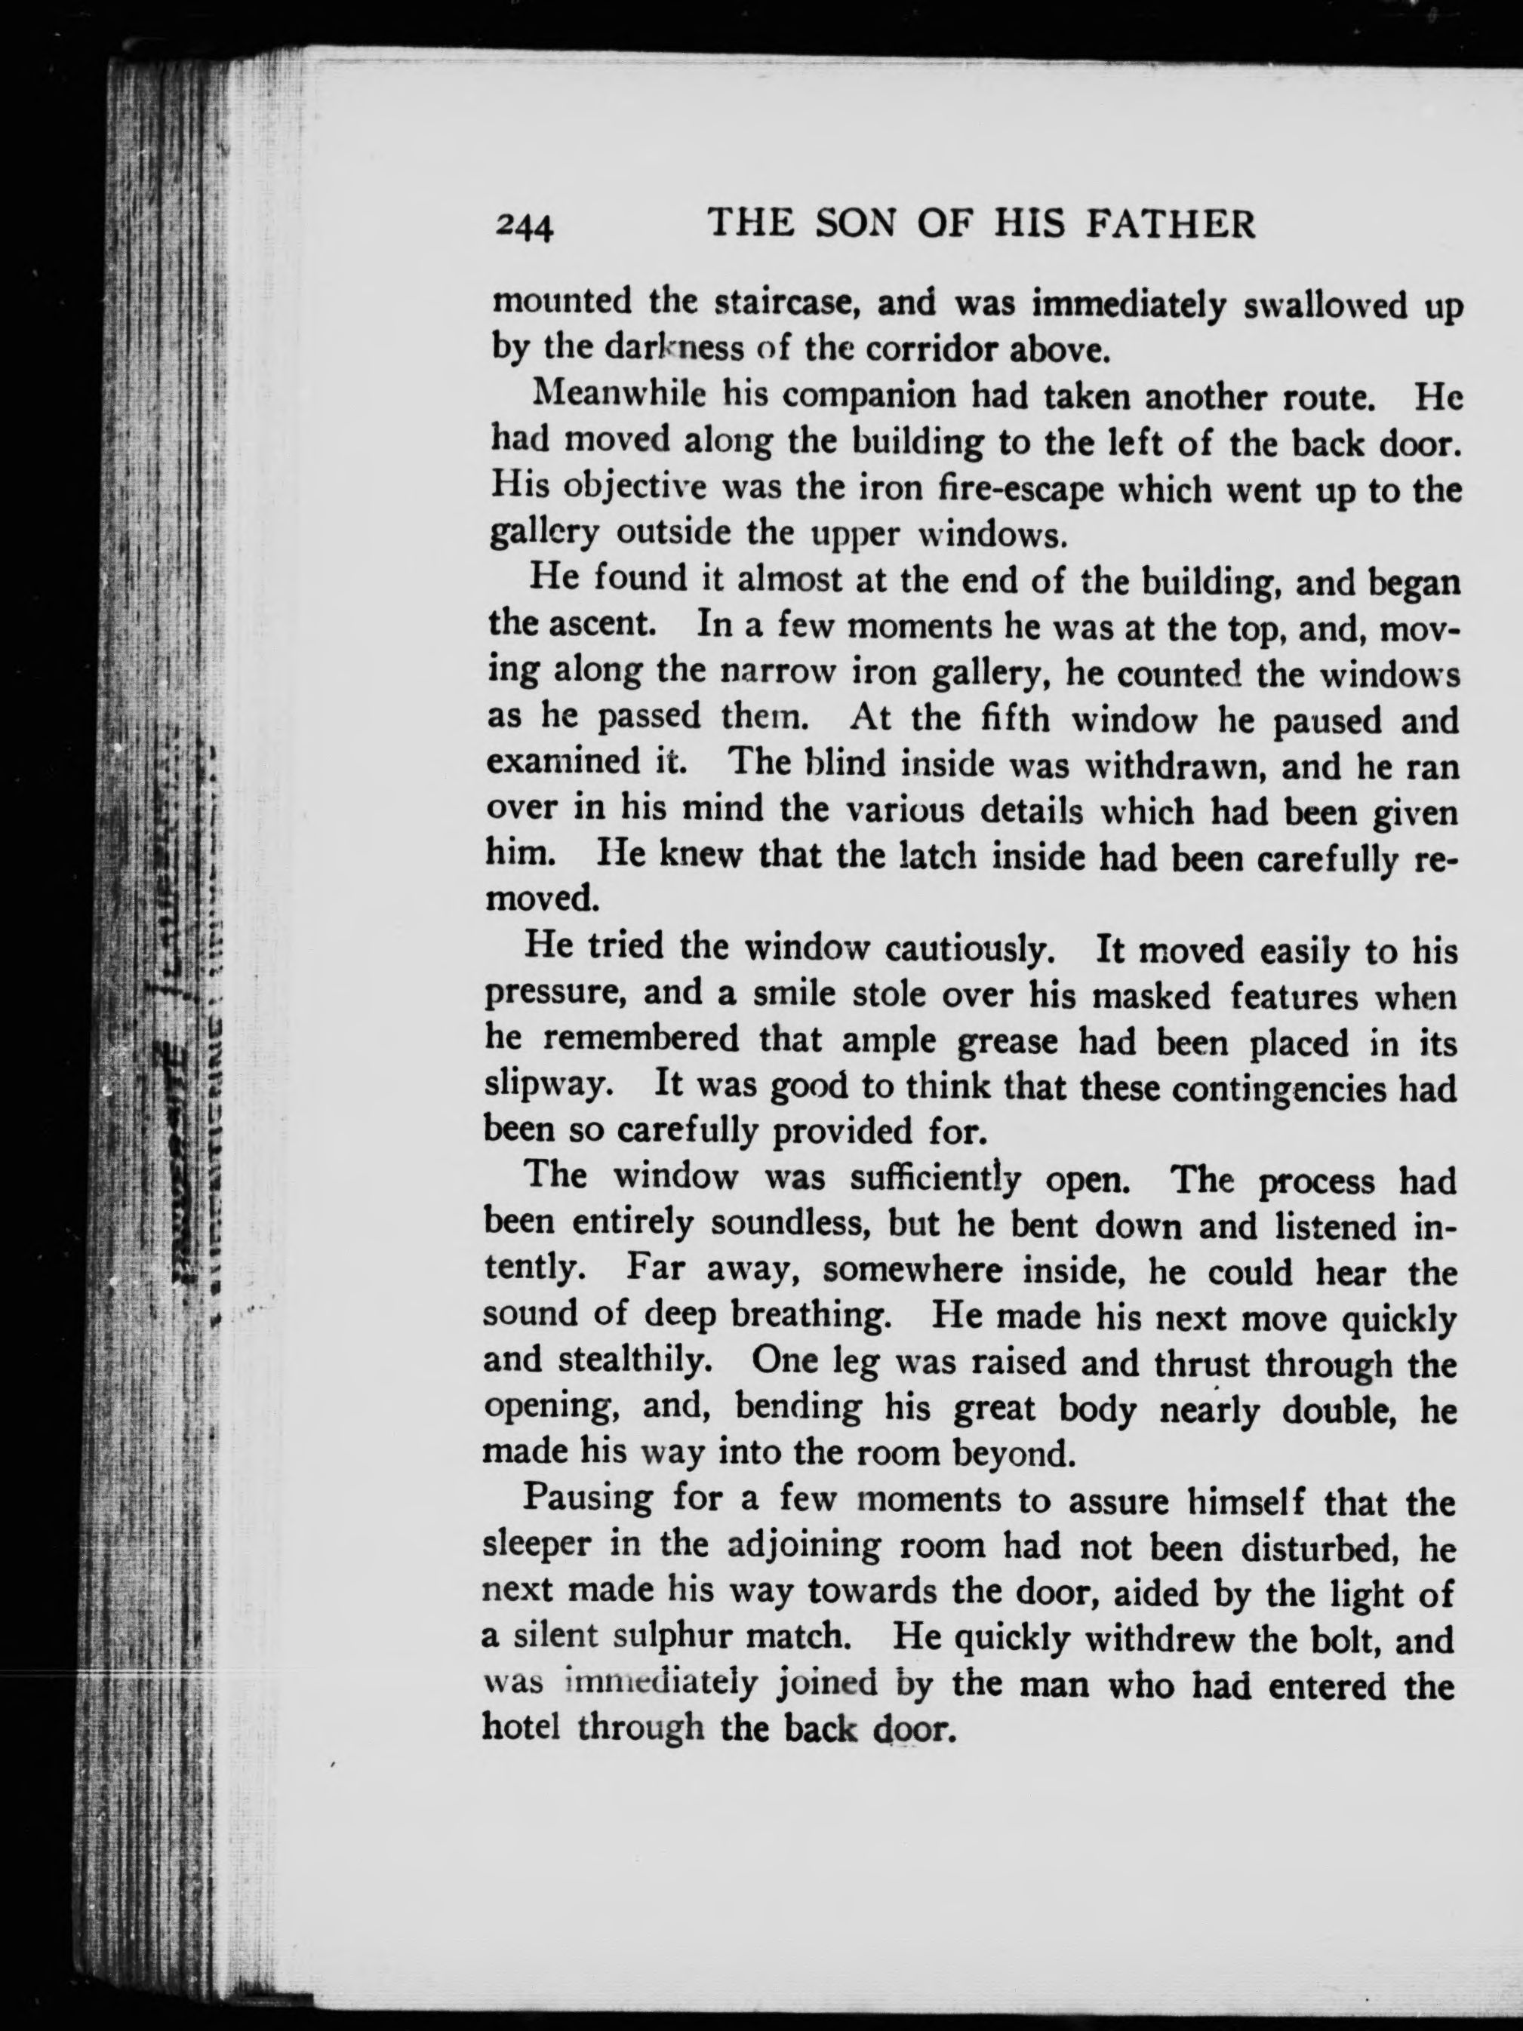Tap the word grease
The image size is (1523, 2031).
(x=1010, y=1042)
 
